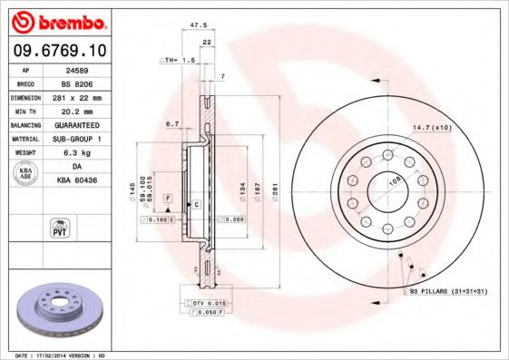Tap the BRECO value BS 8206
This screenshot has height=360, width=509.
click(x=78, y=82)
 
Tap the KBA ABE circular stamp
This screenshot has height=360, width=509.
click(x=25, y=173)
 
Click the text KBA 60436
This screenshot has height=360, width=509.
click(x=77, y=180)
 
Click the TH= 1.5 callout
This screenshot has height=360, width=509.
click(x=178, y=60)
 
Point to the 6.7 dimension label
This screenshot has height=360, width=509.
click(x=171, y=122)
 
